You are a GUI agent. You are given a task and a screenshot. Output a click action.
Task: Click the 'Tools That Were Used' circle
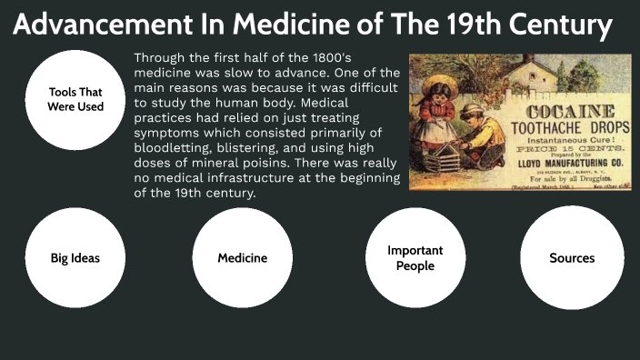pyautogui.click(x=75, y=100)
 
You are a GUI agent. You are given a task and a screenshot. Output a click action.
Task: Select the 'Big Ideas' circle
pyautogui.click(x=75, y=258)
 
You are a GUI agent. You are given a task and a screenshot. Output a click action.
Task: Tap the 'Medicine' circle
pyautogui.click(x=243, y=258)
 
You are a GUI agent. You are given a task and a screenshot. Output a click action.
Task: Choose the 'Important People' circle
pyautogui.click(x=415, y=258)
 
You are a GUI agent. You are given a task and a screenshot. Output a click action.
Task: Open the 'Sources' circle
pyautogui.click(x=572, y=258)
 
